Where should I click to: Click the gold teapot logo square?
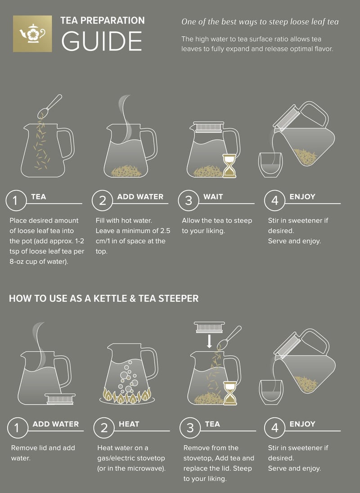click(33, 33)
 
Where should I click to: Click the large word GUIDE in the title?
click(102, 41)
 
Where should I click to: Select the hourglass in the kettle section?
click(229, 393)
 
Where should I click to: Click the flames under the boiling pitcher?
click(127, 396)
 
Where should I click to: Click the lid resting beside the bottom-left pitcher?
click(57, 398)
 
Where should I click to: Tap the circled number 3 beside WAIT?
click(189, 201)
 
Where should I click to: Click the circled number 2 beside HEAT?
click(104, 428)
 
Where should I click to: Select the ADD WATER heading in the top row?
click(140, 197)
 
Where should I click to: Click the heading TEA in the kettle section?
click(212, 424)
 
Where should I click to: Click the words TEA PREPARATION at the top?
click(103, 21)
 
